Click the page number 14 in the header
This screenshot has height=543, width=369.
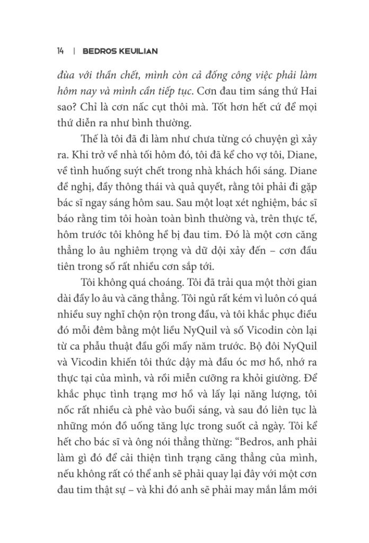pos(60,51)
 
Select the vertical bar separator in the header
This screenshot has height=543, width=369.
pos(74,51)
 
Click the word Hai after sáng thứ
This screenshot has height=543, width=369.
pos(307,91)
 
